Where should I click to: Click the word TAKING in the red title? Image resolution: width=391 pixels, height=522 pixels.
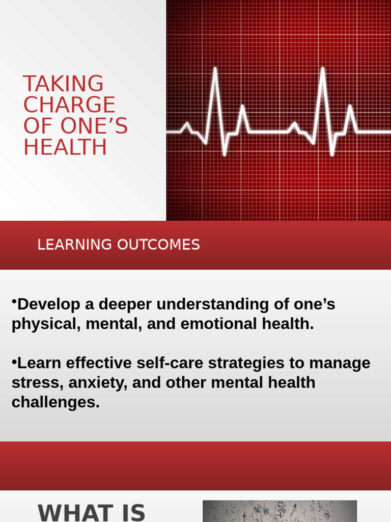click(63, 84)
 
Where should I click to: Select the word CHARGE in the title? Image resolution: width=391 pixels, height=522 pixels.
click(69, 105)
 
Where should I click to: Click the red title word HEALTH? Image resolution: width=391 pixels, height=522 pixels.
click(65, 147)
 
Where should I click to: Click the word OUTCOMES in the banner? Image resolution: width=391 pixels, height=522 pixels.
click(158, 245)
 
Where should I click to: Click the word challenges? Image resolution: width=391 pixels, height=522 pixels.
click(55, 402)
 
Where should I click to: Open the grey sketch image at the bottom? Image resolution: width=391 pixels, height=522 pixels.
click(280, 511)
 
